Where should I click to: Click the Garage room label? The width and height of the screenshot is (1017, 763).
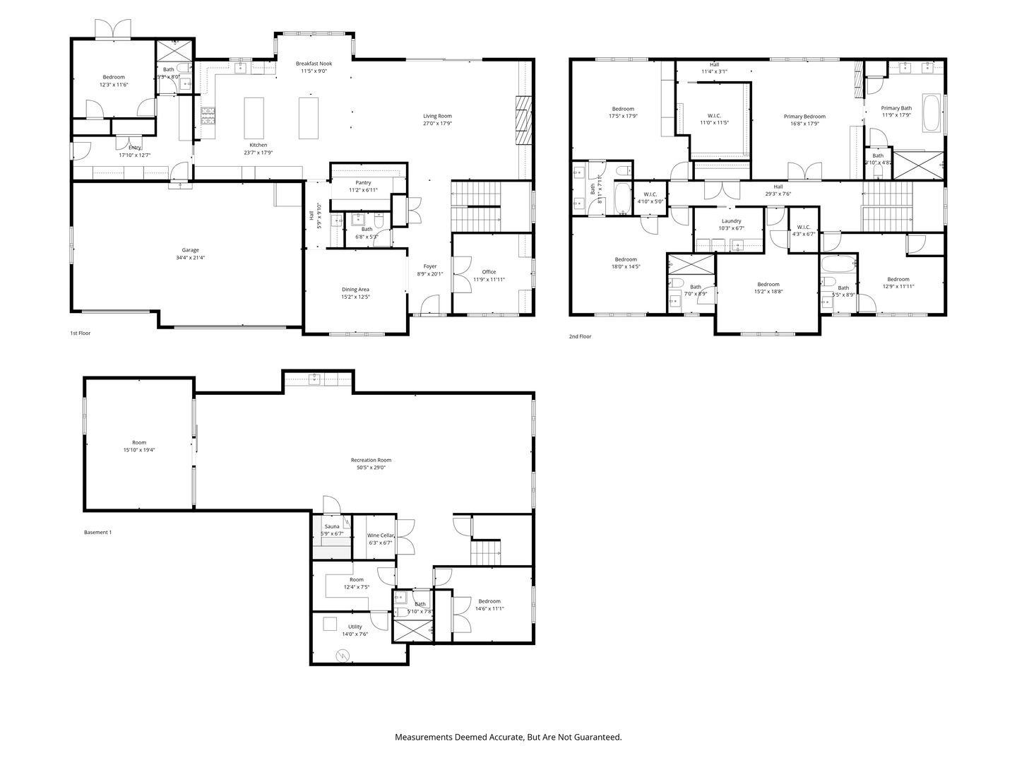[190, 250]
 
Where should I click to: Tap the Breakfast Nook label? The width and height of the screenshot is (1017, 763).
[314, 64]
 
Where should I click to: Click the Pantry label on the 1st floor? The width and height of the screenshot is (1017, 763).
[363, 183]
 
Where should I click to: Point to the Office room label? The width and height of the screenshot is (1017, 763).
[489, 272]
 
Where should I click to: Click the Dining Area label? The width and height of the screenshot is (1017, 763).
[355, 289]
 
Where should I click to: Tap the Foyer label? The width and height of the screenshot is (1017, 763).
[429, 266]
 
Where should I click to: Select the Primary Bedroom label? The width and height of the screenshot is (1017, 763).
[804, 117]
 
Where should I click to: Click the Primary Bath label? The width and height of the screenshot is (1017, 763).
[896, 108]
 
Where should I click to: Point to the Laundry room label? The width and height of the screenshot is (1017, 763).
[731, 221]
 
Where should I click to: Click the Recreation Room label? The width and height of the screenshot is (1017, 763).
[371, 460]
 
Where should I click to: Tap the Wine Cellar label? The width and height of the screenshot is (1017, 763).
[380, 536]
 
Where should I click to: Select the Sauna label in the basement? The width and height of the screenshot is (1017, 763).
[332, 526]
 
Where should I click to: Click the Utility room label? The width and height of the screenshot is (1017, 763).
[355, 627]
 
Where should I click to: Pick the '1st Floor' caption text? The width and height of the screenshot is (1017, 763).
[80, 333]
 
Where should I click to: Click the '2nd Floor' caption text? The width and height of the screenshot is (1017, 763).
[580, 336]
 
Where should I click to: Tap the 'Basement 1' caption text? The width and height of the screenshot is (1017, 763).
[97, 532]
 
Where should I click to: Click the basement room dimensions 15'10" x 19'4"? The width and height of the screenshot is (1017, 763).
[139, 450]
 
